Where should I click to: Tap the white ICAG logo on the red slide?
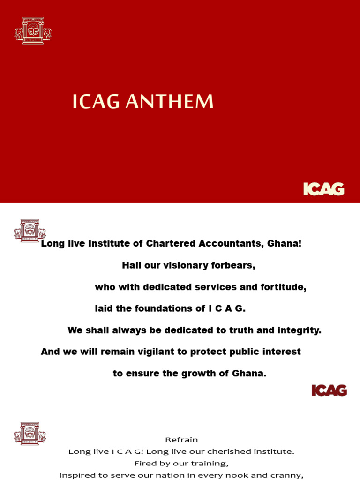(x=323, y=189)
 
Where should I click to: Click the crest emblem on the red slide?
(x=33, y=31)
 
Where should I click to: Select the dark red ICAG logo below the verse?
(x=329, y=390)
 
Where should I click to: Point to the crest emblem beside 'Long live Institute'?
(x=30, y=231)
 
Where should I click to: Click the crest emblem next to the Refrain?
(x=30, y=433)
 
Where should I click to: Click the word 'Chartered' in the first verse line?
(x=172, y=244)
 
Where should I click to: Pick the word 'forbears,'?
(x=232, y=265)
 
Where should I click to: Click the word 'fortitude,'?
(x=284, y=287)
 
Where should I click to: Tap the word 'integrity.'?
(x=299, y=330)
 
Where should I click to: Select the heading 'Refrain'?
(x=181, y=440)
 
